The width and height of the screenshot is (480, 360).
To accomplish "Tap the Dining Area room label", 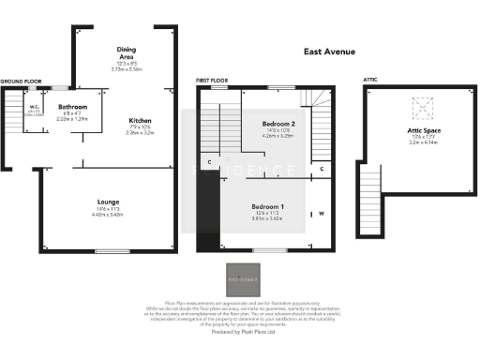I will (x=127, y=52).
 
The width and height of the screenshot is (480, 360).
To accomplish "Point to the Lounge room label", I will (x=106, y=202).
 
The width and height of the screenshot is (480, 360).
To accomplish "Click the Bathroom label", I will (x=72, y=107).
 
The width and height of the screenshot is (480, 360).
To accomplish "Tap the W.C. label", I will (x=33, y=107).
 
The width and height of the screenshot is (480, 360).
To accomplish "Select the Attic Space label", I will (x=424, y=131).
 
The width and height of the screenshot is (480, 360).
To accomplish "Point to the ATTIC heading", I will (x=369, y=82).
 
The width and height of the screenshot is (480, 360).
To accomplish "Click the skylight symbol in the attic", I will (x=423, y=105).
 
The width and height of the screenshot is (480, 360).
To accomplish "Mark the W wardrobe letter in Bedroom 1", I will (x=321, y=213).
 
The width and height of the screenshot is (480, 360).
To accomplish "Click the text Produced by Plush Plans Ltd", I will (x=240, y=333).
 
